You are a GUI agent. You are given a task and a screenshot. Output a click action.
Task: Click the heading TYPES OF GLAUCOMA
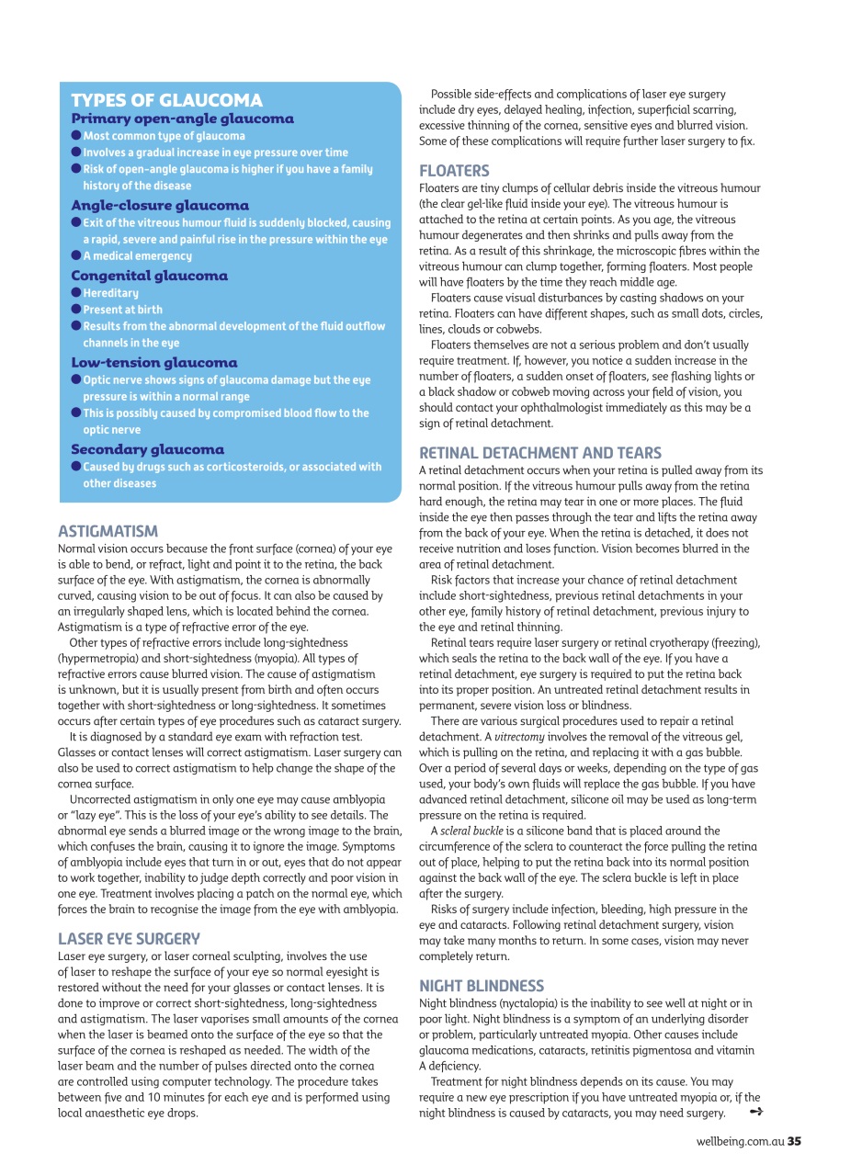pos(166,100)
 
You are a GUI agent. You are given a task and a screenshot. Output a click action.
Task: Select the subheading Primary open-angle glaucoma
pos(182,119)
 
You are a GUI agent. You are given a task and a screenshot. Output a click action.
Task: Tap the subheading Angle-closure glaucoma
pos(160,205)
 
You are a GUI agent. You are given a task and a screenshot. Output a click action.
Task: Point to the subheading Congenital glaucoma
pos(149,276)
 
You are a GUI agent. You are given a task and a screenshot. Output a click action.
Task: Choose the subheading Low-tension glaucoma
pos(153,362)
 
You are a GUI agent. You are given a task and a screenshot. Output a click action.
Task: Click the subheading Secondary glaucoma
pos(147,449)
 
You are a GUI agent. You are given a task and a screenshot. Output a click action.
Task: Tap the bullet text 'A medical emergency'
pos(137,256)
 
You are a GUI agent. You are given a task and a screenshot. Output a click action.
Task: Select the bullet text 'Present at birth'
pos(122,310)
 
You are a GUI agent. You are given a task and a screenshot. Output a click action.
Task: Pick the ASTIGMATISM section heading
pos(108,531)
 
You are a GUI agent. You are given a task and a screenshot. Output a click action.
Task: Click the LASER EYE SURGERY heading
pos(129,938)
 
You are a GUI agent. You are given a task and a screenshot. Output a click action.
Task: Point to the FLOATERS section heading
pos(454,171)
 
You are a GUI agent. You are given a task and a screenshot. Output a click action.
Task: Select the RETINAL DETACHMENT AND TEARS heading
pos(539,453)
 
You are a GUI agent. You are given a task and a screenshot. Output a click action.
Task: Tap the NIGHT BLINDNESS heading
pos(481,986)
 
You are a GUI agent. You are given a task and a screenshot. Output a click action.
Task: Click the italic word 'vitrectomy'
pos(520,737)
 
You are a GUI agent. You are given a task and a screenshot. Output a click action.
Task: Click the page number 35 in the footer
pos(794,1141)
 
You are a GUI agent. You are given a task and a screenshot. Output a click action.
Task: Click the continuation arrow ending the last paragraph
pos(756,1113)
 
